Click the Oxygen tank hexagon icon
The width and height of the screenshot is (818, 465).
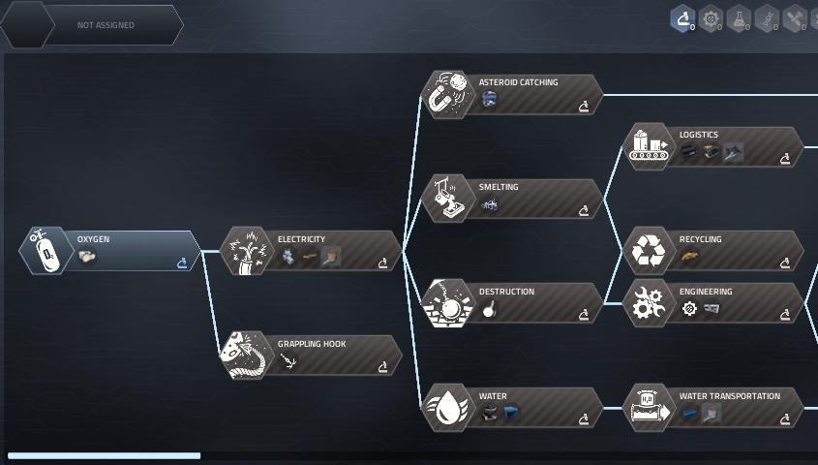tap(45, 251)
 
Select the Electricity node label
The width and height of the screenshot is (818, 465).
tap(301, 239)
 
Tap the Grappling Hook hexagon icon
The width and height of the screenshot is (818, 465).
tap(246, 355)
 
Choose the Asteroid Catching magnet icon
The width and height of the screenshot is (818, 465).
tap(447, 95)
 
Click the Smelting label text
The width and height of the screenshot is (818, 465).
tap(499, 187)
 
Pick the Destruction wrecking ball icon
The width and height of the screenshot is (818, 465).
tap(447, 303)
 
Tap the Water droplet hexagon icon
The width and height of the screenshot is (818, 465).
tap(447, 408)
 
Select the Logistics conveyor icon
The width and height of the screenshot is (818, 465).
tap(649, 146)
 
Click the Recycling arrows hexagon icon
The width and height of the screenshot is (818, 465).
tap(649, 251)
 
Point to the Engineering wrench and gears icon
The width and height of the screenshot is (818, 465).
tap(649, 303)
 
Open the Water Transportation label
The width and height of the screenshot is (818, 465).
tap(729, 396)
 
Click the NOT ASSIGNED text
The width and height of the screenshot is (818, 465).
tap(106, 25)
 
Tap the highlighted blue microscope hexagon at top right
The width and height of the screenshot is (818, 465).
tap(682, 19)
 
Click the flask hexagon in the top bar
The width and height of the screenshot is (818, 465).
tap(739, 19)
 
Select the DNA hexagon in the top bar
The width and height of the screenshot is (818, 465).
tap(767, 19)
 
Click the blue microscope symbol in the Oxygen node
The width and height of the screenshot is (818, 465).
tap(182, 263)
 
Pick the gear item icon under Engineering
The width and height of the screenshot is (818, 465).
tap(689, 309)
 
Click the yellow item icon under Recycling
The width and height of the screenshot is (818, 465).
tap(689, 257)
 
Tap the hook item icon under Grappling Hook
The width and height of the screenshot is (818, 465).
tap(288, 360)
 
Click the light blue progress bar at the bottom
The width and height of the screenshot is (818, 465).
tap(104, 455)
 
